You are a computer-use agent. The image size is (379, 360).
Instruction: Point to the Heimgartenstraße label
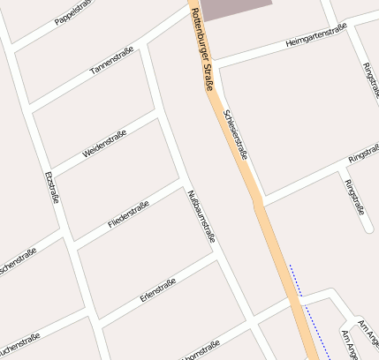click(316, 35)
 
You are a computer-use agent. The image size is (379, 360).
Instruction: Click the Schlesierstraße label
click(236, 134)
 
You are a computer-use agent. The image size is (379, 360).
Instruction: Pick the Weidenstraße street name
click(104, 144)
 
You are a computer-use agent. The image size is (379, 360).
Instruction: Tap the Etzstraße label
click(51, 187)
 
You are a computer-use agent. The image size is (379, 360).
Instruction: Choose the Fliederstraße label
click(128, 214)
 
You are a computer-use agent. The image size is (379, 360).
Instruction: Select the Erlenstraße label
click(158, 290)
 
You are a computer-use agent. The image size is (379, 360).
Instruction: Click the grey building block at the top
click(235, 8)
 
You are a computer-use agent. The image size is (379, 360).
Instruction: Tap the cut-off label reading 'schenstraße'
click(18, 259)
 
